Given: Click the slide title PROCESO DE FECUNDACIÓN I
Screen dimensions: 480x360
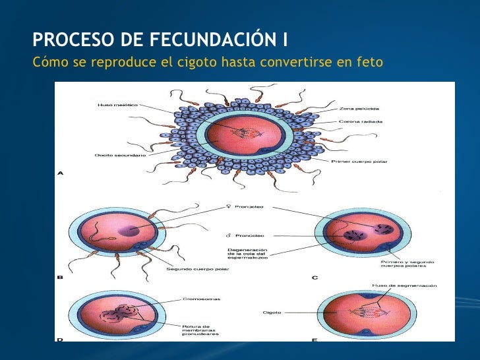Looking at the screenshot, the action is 160,40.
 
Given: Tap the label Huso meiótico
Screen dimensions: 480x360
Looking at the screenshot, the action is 117,104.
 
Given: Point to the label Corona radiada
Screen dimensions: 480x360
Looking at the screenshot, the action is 361,121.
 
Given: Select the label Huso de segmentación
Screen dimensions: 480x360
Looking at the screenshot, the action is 395,285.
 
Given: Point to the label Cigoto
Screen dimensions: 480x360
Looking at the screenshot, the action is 272,313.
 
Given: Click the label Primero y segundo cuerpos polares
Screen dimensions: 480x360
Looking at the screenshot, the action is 402,264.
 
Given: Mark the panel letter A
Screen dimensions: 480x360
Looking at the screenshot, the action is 60,174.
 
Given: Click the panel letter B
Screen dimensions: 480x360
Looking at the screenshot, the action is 60,278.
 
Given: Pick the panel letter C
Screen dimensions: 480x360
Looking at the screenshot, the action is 315,278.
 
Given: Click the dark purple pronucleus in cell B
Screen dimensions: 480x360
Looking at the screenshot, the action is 131,231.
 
